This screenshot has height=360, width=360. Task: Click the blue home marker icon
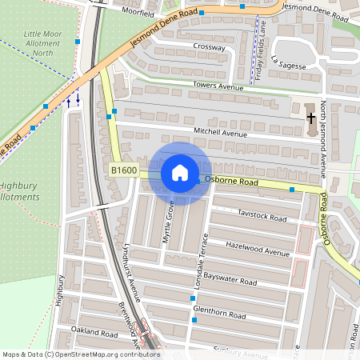point(179,173)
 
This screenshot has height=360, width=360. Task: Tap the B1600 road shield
point(124,170)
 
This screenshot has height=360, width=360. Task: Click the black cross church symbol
point(310,118)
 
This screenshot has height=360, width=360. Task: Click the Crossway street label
point(209,46)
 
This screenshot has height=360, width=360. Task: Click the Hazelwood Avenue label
point(257,248)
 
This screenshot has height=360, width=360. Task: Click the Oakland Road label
point(94,331)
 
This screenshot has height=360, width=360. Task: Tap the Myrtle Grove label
point(169,223)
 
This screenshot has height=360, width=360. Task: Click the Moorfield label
point(138,13)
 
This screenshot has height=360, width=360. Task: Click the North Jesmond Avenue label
point(323,139)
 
